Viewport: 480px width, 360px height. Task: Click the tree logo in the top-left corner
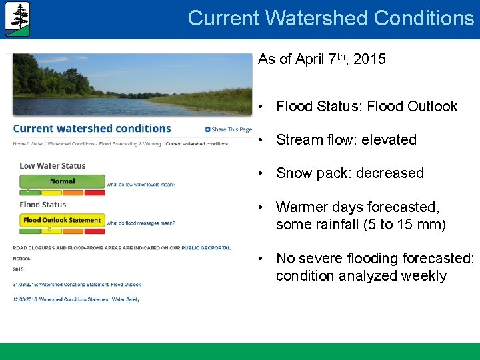[x=17, y=19]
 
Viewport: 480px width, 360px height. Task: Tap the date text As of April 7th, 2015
[x=321, y=59]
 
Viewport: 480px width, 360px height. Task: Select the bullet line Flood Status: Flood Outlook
[x=366, y=107]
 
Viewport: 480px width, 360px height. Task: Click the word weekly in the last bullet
[x=424, y=276]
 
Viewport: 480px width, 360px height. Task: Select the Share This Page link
[x=229, y=129]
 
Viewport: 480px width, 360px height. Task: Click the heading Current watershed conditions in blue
[x=92, y=129]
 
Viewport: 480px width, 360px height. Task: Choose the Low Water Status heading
[x=53, y=166]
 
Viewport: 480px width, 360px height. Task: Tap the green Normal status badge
[x=63, y=181]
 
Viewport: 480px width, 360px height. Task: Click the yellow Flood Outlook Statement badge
[x=62, y=220]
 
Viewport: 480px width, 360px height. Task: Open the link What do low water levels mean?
[x=141, y=185]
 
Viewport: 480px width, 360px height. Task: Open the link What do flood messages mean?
[x=141, y=223]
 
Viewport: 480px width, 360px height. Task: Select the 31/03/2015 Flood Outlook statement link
[x=77, y=285]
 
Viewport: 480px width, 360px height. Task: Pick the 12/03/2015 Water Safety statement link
[x=76, y=300]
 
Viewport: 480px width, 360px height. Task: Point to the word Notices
[x=21, y=258]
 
